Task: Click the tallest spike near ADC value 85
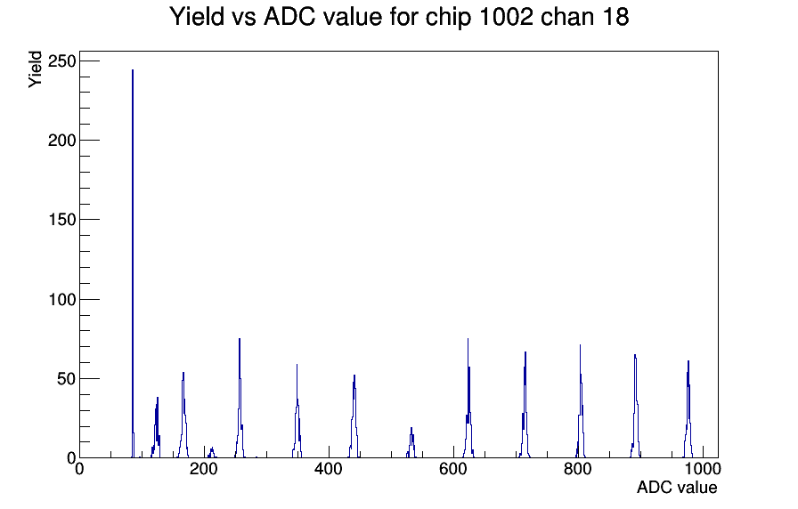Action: [x=133, y=264]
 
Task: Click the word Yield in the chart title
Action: [x=197, y=16]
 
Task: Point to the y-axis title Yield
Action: [x=35, y=69]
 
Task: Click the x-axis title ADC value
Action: [x=677, y=487]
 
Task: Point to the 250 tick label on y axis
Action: [x=61, y=61]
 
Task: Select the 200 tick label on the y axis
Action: [x=61, y=141]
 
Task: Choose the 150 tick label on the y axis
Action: [x=61, y=220]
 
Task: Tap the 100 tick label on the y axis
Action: [x=61, y=299]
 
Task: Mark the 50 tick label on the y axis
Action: [x=66, y=379]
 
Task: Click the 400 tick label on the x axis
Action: [x=329, y=469]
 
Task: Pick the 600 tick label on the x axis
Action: [x=453, y=469]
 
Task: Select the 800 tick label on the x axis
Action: [x=578, y=469]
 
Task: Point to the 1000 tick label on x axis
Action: [x=703, y=469]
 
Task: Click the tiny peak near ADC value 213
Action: [x=212, y=453]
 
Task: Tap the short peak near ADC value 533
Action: [x=411, y=443]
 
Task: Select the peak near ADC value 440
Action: [x=354, y=417]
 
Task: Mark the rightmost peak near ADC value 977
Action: [x=688, y=410]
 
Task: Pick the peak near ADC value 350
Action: [x=297, y=412]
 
